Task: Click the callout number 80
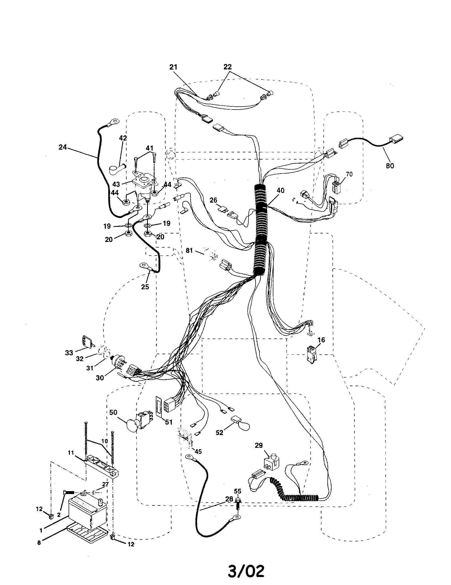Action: (x=390, y=166)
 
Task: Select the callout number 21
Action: (x=173, y=67)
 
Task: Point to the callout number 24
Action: (x=62, y=147)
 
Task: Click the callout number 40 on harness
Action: (x=281, y=191)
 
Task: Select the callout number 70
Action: (x=349, y=174)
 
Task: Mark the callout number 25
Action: (x=145, y=287)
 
